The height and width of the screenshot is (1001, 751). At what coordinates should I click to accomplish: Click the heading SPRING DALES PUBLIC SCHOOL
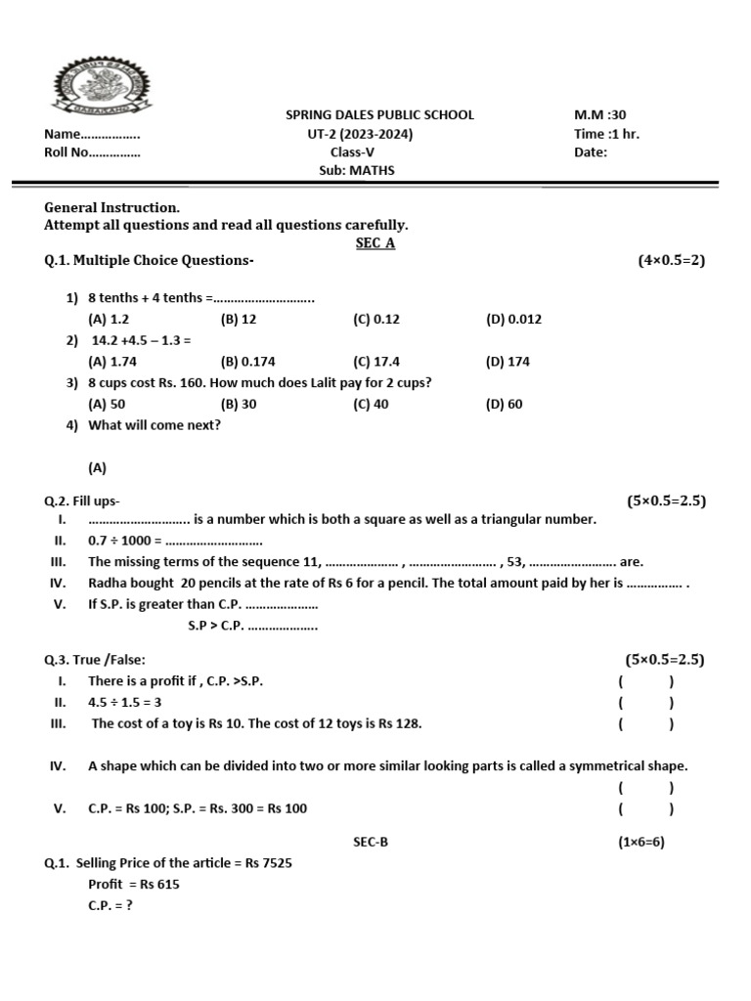[x=379, y=114]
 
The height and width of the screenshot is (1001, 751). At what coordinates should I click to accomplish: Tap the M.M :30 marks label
[x=599, y=114]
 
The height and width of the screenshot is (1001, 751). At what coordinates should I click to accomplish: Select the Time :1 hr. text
[x=606, y=134]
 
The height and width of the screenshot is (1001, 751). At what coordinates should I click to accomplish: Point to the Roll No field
[x=92, y=152]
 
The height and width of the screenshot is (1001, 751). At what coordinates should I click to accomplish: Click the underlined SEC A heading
[x=375, y=243]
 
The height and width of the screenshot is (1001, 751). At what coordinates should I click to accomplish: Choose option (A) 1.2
[x=109, y=319]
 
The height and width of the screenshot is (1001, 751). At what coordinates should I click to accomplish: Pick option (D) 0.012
[x=513, y=319]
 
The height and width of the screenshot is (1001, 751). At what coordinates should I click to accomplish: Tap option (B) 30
[x=239, y=404]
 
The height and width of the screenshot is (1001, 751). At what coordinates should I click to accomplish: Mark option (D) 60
[x=504, y=404]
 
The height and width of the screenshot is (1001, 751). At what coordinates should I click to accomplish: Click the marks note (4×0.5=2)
[x=671, y=260]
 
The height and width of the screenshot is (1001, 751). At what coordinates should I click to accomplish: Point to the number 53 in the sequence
[x=514, y=562]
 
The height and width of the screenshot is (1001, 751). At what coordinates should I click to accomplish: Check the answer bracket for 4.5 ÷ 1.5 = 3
[x=644, y=703]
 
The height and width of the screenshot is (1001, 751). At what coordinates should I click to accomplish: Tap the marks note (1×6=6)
[x=641, y=842]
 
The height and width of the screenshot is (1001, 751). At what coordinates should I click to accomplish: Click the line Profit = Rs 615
[x=134, y=885]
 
